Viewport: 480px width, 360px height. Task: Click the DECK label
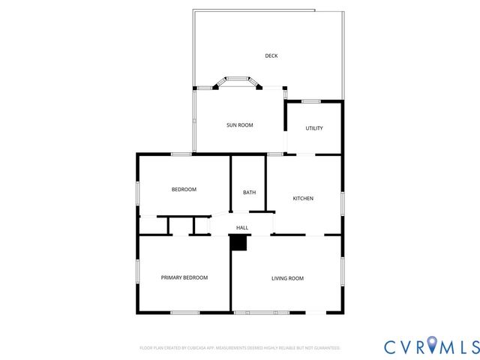point(271,55)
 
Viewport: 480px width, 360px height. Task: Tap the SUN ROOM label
point(240,125)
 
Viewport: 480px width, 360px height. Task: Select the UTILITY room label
point(314,128)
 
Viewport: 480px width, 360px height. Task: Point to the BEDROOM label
point(184,190)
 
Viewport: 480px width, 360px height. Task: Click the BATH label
point(249,193)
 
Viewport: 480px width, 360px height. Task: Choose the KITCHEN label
point(303,199)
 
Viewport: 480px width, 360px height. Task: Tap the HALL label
point(242,228)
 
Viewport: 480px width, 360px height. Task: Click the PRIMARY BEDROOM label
point(184,277)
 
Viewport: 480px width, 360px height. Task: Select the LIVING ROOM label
point(287,278)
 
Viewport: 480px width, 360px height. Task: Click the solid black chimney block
point(238,243)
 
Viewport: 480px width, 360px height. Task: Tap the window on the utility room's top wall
point(310,101)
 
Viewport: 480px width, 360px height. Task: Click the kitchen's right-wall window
point(342,203)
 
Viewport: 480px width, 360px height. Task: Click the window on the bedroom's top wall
point(181,154)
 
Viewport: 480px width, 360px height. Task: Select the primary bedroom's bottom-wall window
point(184,312)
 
